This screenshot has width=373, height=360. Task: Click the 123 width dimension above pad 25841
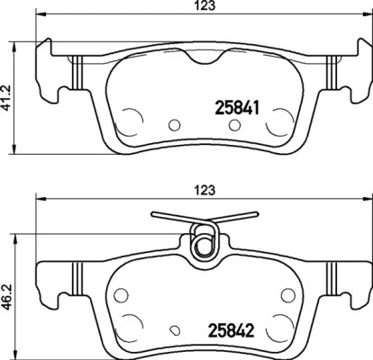coord(190,12)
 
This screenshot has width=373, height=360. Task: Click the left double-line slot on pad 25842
coord(77,274)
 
